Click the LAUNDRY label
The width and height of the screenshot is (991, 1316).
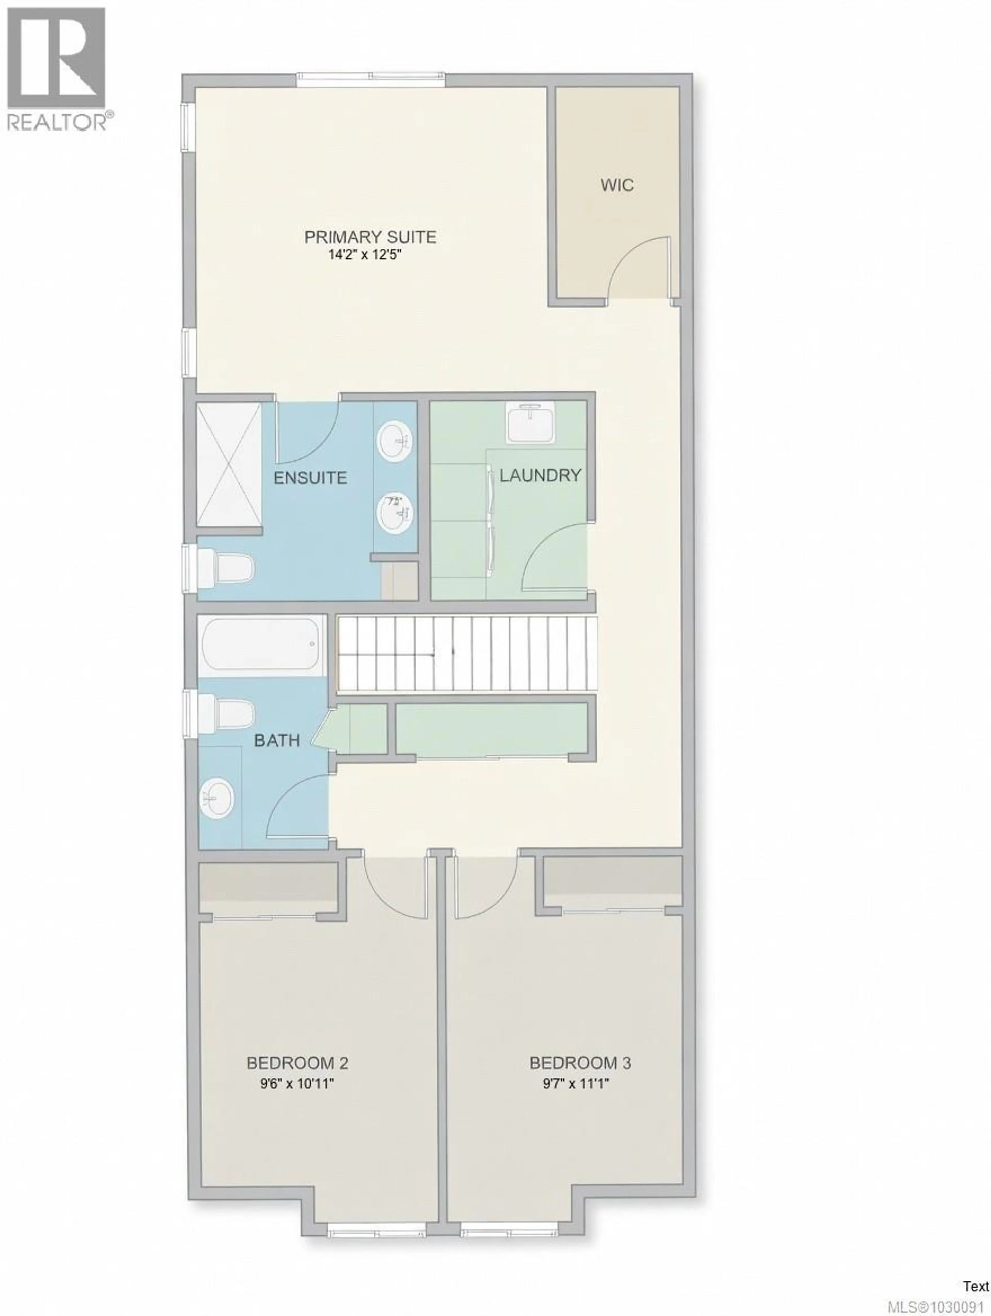coord(540,475)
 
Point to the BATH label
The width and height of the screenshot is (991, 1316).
coord(277,741)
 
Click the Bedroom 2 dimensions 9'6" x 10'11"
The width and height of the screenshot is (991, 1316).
coord(297,1083)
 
